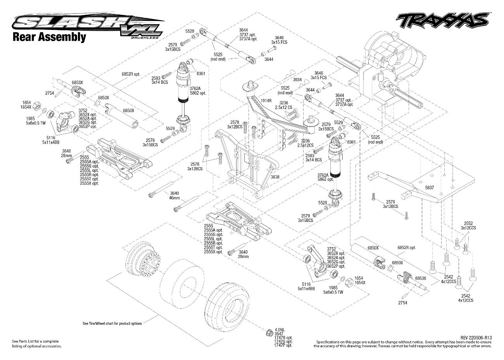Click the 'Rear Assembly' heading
[49, 37]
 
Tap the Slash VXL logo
[85, 24]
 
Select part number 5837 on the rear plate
[429, 187]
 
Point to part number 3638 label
[275, 177]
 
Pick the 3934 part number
[297, 79]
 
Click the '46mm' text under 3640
[174, 198]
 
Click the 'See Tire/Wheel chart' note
[112, 323]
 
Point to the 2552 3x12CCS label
[468, 225]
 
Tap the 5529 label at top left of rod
[190, 31]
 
